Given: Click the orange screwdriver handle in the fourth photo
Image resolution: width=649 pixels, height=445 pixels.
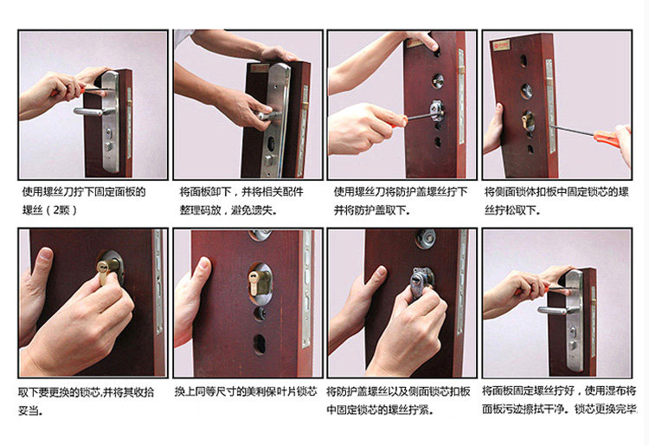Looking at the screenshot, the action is pos(607,139).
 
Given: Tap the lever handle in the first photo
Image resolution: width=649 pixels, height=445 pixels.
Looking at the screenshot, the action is pos(88,112).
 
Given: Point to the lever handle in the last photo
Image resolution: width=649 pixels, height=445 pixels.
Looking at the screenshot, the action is pos(553,311).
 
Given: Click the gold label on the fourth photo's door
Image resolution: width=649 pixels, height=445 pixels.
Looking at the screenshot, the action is pos(501,45).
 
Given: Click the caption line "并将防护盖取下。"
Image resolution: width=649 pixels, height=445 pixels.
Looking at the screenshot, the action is pos(372,210).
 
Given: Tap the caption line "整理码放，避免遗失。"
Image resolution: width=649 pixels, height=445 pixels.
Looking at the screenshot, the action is pos(228,210).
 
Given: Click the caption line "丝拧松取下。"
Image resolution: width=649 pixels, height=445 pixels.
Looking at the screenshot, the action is pos(512,210).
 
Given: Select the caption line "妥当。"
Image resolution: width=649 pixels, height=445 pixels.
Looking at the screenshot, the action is pos(29,410).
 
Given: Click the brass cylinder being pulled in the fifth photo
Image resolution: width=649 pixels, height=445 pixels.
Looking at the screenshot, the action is pos(106,269).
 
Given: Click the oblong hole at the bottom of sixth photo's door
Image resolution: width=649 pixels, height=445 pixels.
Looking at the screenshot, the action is pos(259,345).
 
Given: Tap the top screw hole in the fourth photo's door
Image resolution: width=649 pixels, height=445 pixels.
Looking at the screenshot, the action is pos(524,61).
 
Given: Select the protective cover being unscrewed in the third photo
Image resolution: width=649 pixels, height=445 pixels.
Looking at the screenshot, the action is pos(436,111).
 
